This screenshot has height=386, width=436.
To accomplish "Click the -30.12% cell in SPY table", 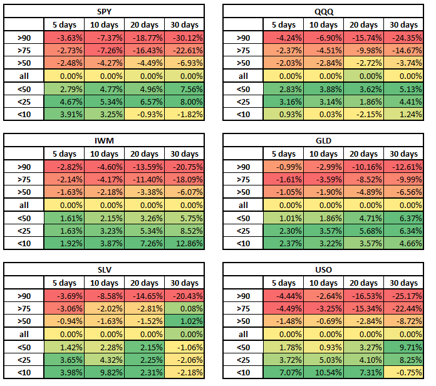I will pyautogui.click(x=184, y=38).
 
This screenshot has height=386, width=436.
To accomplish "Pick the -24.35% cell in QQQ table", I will pyautogui.click(x=403, y=38).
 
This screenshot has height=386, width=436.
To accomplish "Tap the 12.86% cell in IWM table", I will pyautogui.click(x=184, y=243).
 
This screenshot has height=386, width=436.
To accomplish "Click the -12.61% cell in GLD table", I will pyautogui.click(x=403, y=167).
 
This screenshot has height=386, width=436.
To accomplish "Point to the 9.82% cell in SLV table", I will pyautogui.click(x=104, y=372).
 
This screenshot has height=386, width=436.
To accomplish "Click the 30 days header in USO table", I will pyautogui.click(x=403, y=283).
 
